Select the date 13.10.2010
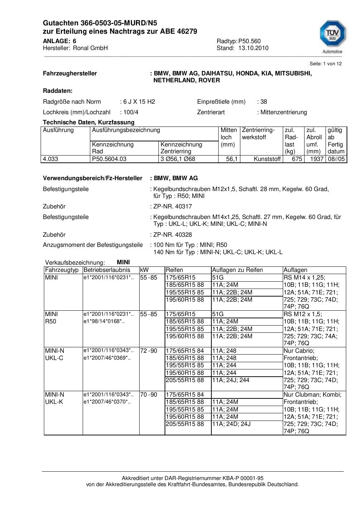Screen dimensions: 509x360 [x=253, y=48]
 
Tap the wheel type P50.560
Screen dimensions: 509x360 [x=249, y=41]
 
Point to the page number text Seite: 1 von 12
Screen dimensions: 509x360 [x=325, y=63]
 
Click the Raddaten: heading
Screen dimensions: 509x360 [x=58, y=91]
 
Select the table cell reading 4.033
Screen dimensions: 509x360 [x=50, y=159]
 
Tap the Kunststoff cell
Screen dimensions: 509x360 [x=267, y=159]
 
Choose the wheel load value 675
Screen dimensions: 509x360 [x=297, y=159]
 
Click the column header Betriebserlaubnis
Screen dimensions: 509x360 [x=107, y=270]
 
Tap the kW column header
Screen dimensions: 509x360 [x=144, y=270]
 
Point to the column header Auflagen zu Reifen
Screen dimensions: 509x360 [x=237, y=270]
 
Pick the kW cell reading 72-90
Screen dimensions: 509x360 [x=149, y=351]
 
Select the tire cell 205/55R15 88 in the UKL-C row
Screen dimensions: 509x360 [x=185, y=380]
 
